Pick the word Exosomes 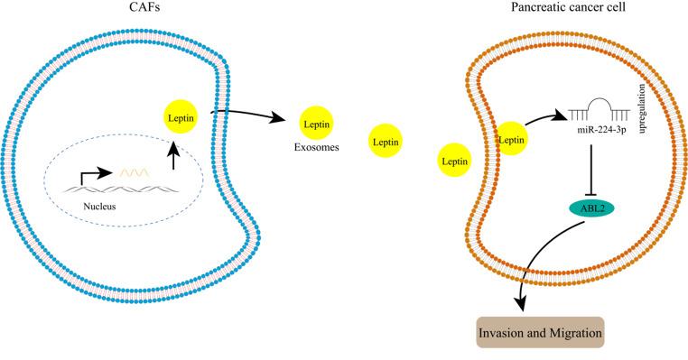pos(314,149)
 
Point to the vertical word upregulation pos(641,109)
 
